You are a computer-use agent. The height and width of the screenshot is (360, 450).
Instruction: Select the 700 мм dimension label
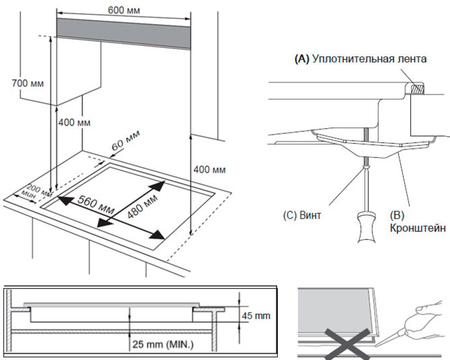(x=27, y=83)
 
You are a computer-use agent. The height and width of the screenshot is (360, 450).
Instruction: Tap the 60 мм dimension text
(x=126, y=141)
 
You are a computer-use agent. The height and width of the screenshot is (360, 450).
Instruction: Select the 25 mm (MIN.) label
(x=162, y=345)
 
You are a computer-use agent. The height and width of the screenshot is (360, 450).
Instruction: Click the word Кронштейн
(x=418, y=228)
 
